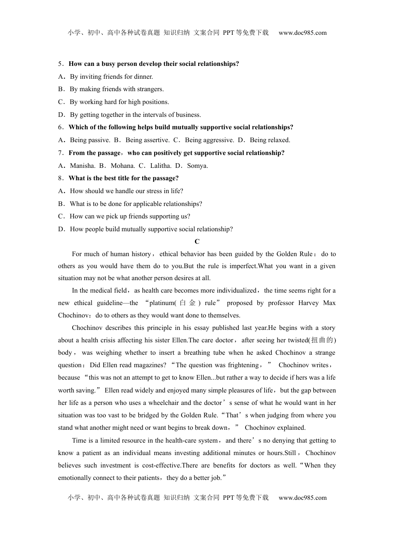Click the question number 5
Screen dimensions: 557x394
[x=60, y=64]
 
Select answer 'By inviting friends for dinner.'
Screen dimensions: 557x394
[x=111, y=77]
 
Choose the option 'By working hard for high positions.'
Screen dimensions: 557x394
[x=119, y=102]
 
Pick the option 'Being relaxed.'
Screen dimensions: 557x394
[x=270, y=140]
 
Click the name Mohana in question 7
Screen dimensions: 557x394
[x=122, y=166]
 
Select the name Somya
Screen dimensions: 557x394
[x=197, y=166]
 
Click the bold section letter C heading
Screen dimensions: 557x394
[x=197, y=242]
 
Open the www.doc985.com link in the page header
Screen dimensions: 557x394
[x=302, y=33]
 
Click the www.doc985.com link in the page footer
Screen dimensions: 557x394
[x=302, y=498]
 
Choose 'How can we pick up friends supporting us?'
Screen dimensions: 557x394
[x=130, y=216]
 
